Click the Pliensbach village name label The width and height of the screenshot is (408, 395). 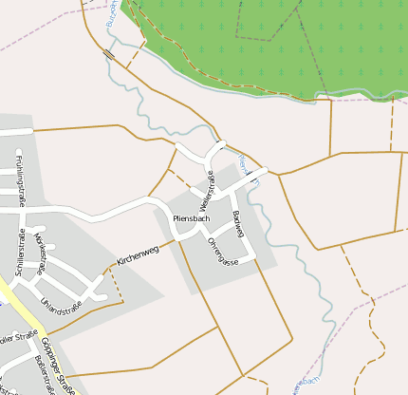click(x=191, y=219)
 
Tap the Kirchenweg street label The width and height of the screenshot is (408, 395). click(x=137, y=251)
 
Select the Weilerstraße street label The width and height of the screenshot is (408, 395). click(x=206, y=191)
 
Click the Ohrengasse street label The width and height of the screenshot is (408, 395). click(x=222, y=251)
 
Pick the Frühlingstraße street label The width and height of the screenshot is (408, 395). click(x=19, y=180)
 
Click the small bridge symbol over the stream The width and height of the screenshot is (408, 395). click(x=111, y=55)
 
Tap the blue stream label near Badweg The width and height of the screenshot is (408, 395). click(x=245, y=167)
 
